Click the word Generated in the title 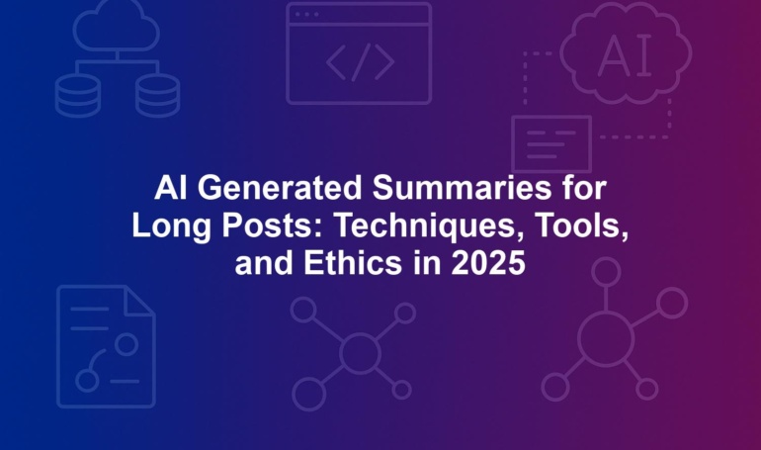pos(280,187)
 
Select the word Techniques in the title pos(431,226)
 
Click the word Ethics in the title pos(353,264)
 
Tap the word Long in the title pos(171,226)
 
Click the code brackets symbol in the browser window pos(360,62)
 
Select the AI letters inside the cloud pos(625,55)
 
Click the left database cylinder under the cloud pos(78,96)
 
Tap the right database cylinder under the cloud pos(157,96)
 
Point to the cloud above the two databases pos(117,27)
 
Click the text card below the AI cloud pos(551,144)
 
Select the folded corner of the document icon pos(139,301)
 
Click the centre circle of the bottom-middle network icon pos(360,353)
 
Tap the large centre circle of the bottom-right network pos(606,339)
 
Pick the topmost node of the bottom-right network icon pos(606,272)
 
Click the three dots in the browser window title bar pos(306,15)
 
